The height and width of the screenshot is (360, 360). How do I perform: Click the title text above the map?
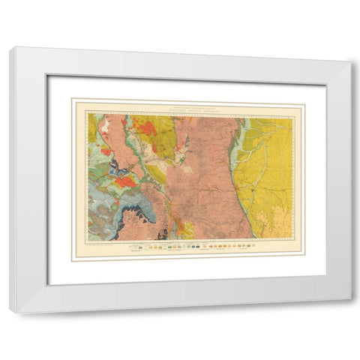[187, 107]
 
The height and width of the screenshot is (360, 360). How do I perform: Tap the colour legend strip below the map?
[187, 245]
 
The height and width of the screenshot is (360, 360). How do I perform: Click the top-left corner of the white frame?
[11, 48]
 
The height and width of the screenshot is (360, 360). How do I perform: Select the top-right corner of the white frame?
[349, 62]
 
